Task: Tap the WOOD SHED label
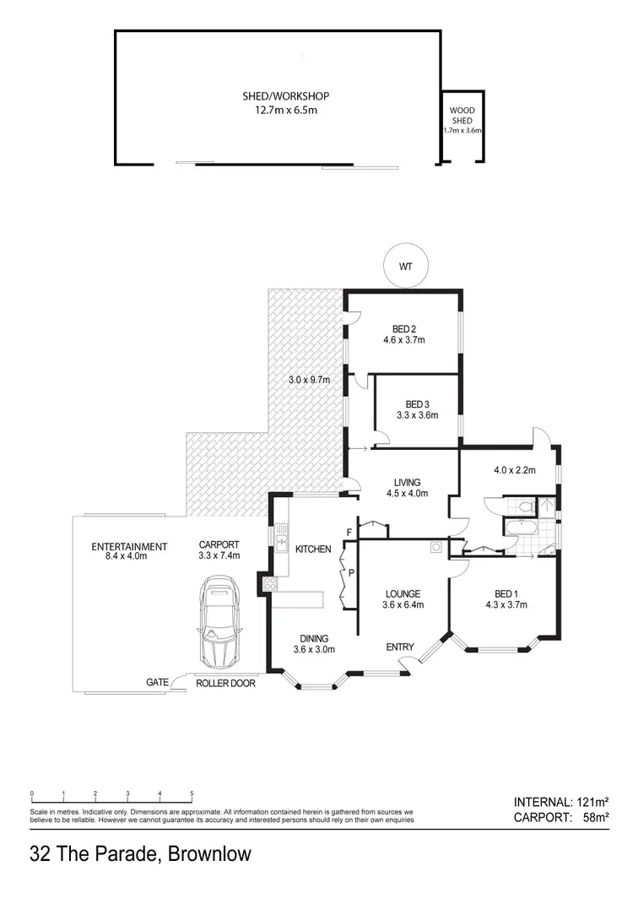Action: click(x=462, y=115)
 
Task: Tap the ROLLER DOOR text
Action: click(x=225, y=683)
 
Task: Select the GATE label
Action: click(x=158, y=682)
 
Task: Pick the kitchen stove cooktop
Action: click(x=271, y=584)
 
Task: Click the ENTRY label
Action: click(x=400, y=647)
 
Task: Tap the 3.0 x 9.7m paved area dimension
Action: click(x=308, y=380)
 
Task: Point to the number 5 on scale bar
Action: click(x=192, y=793)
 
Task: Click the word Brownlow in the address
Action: click(x=209, y=854)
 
